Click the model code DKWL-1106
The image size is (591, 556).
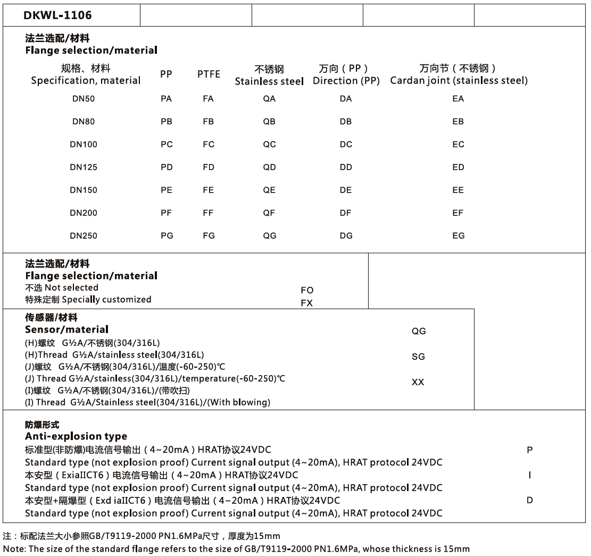click(57, 15)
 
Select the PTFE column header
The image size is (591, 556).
click(209, 74)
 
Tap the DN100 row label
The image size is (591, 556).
click(84, 144)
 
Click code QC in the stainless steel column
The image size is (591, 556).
click(270, 144)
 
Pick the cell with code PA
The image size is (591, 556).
click(167, 98)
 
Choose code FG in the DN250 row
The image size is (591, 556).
click(209, 236)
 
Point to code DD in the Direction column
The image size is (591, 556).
click(346, 167)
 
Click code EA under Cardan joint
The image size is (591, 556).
click(458, 98)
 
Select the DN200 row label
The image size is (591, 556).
click(84, 213)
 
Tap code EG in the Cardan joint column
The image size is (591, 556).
click(458, 236)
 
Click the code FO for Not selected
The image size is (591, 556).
click(307, 290)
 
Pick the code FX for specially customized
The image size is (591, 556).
click(307, 303)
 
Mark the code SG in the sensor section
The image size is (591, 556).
click(419, 356)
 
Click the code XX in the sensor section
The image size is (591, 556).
click(418, 382)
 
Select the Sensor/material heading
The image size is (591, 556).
click(66, 329)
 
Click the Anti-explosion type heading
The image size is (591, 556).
click(76, 437)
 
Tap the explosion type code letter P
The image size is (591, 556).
click(530, 450)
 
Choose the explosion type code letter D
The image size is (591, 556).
click(530, 500)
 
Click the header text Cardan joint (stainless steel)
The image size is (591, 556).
click(459, 81)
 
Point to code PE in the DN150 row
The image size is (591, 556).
click(167, 190)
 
